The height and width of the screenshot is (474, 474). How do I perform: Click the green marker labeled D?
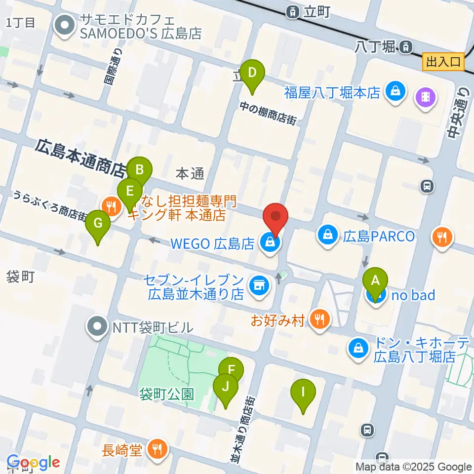point(252,73)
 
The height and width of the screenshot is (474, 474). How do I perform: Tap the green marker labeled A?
point(375,281)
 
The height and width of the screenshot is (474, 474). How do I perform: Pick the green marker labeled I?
point(303,393)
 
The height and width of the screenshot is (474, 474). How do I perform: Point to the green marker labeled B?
point(139,171)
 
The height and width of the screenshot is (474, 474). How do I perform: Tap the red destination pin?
point(275,217)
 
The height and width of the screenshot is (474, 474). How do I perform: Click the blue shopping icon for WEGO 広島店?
point(270,242)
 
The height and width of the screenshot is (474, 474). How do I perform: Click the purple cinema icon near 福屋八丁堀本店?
point(426,95)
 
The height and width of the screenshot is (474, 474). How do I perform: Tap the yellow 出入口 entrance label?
point(443,62)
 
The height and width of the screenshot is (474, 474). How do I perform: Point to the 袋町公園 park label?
point(166,394)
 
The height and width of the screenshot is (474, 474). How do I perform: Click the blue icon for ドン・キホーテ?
point(359,348)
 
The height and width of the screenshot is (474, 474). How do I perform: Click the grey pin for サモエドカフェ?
point(64,27)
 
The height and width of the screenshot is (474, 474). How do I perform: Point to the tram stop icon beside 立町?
point(293,11)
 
